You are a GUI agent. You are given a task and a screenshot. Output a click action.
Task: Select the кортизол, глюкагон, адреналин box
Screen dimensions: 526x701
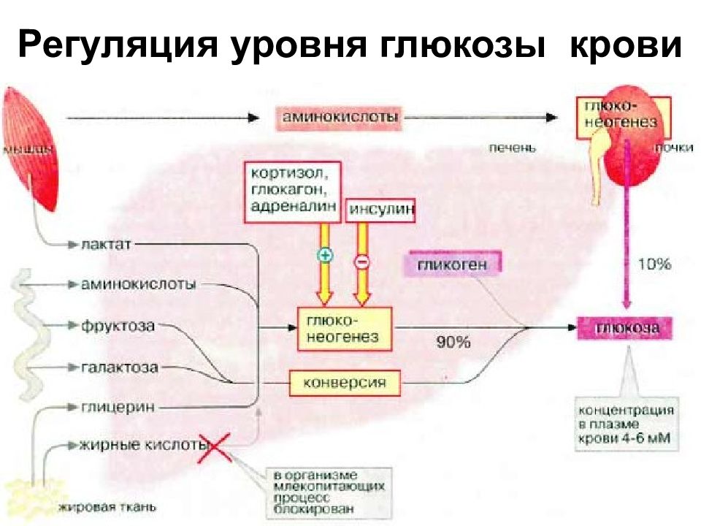tap(292, 190)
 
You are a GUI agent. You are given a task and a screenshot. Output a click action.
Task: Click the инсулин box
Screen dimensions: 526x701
tap(381, 210)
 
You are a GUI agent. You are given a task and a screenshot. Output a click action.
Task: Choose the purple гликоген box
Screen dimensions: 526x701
tap(451, 264)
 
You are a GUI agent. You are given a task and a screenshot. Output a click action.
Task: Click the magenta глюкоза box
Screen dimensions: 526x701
tap(627, 328)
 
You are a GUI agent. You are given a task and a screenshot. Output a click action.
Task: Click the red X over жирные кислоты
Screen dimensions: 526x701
tap(216, 448)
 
